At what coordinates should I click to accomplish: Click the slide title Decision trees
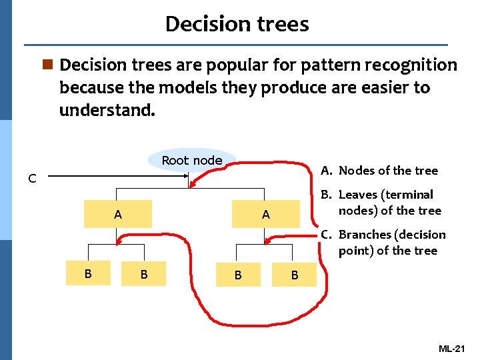pyautogui.click(x=237, y=24)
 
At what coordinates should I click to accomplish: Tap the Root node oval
pyautogui.click(x=192, y=160)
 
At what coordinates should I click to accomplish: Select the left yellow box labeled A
pyautogui.click(x=118, y=215)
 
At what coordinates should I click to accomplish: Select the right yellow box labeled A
pyautogui.click(x=265, y=215)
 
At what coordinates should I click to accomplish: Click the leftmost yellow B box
pyautogui.click(x=87, y=273)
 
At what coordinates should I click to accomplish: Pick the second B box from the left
pyautogui.click(x=143, y=274)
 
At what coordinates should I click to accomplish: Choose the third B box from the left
pyautogui.click(x=238, y=274)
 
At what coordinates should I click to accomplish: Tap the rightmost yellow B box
pyautogui.click(x=294, y=274)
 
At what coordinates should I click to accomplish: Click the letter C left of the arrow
pyautogui.click(x=32, y=178)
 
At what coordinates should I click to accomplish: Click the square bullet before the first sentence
pyautogui.click(x=47, y=65)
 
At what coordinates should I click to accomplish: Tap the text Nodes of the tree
pyautogui.click(x=388, y=171)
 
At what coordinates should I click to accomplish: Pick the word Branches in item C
pyautogui.click(x=365, y=235)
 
